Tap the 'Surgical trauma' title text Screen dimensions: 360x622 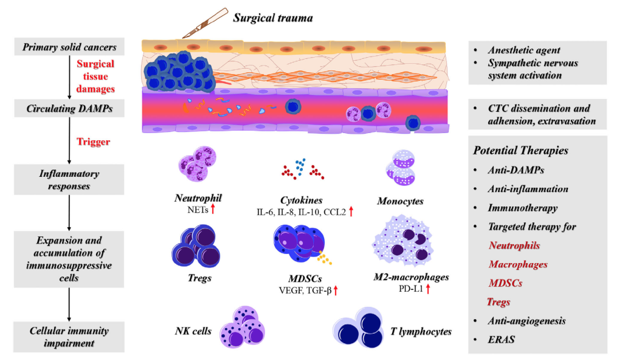coord(273,18)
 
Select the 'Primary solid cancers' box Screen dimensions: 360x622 coord(69,47)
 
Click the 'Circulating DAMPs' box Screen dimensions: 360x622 coord(69,108)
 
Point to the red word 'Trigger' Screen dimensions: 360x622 coord(93,142)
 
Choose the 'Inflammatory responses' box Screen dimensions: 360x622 coord(69,180)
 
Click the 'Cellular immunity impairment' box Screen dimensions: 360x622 coord(69,337)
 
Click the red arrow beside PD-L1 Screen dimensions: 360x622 coord(428,289)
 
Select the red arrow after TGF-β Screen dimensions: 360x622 coord(336,290)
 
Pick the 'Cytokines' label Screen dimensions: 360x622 coord(301,200)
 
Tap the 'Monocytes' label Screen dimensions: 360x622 coord(400,201)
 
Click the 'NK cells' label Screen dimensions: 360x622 coord(193,331)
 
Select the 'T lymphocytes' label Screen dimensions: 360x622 coord(421,331)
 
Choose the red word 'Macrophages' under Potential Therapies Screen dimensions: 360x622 coord(518,264)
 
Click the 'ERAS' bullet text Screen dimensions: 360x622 coord(501,339)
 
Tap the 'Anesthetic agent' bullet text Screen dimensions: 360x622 coord(524,50)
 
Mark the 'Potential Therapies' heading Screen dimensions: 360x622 coord(520,150)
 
